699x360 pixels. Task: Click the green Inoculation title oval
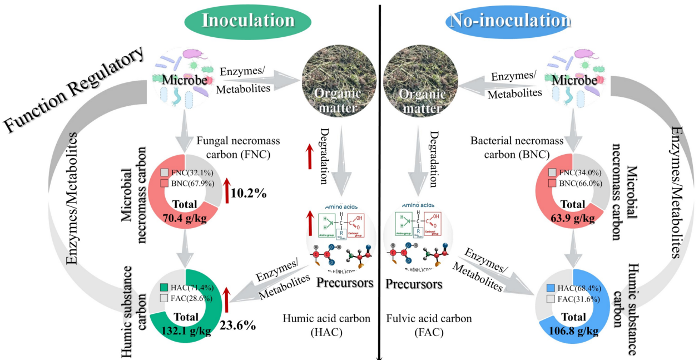(x=248, y=21)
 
